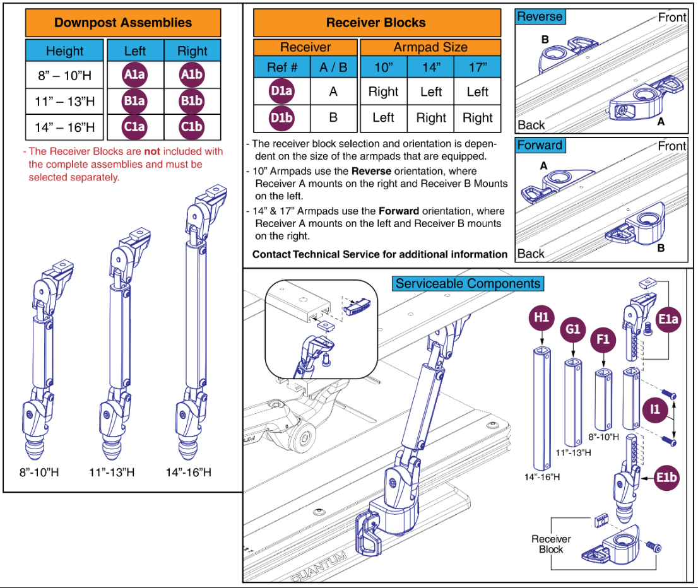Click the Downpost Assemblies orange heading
[123, 23]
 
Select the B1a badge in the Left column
[134, 101]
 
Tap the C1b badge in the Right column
[192, 127]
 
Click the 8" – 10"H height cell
[64, 76]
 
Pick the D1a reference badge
[281, 91]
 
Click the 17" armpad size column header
[477, 68]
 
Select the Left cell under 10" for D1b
[383, 118]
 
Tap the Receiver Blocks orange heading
[376, 23]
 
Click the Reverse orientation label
[540, 17]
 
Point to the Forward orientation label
[540, 145]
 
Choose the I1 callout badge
[656, 410]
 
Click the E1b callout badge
[666, 478]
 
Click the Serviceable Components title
[468, 283]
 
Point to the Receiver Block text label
[551, 544]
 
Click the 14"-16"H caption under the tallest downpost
[189, 472]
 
